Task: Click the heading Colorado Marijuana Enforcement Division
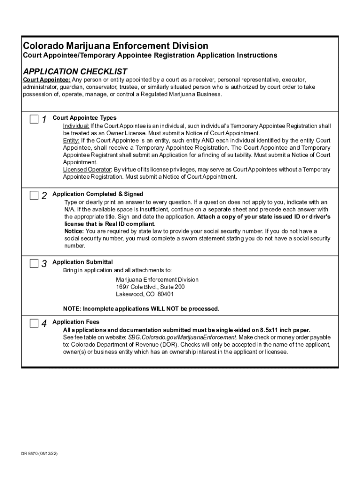tap(116, 46)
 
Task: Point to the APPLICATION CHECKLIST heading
tap(75, 72)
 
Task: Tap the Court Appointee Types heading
tap(84, 118)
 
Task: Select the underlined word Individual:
tap(76, 126)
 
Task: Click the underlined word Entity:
tap(72, 140)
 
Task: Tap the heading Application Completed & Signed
tap(98, 194)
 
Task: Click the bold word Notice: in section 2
tap(74, 231)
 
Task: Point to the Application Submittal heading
tap(82, 262)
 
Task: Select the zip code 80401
tap(166, 294)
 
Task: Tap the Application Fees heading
tap(76, 322)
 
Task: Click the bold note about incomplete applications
tap(141, 309)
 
